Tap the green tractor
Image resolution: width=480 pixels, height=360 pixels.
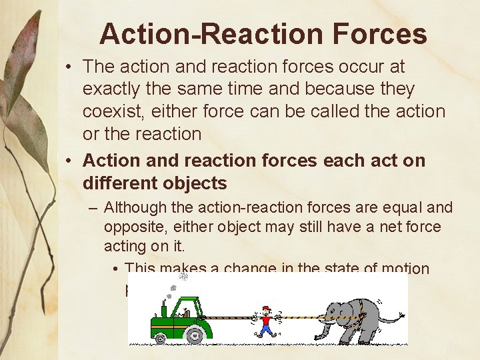pos(179,318)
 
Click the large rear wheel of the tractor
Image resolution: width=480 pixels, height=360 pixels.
pos(195,331)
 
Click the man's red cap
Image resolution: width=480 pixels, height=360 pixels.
pos(267,309)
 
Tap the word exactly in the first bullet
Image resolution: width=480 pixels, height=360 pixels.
pos(109,89)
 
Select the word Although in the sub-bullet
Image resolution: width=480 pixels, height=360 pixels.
pos(132,208)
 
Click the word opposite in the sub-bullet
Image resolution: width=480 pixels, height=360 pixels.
pos(129,227)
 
